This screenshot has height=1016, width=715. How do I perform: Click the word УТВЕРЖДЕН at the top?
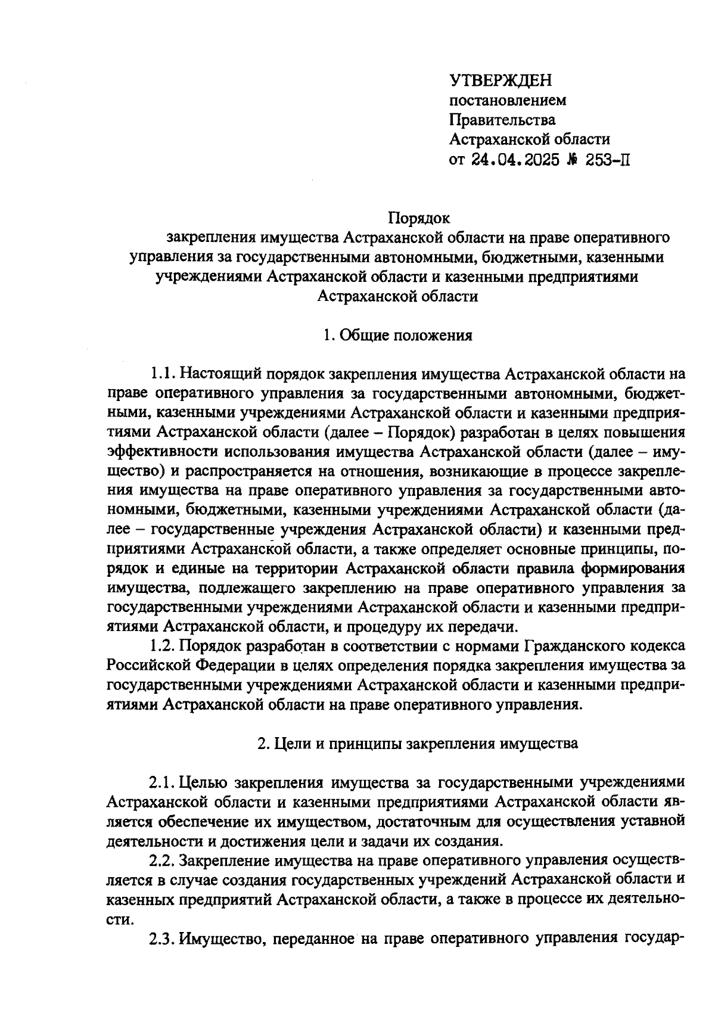(500, 80)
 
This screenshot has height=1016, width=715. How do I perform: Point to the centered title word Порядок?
(419, 218)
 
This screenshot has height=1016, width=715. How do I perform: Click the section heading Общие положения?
(405, 335)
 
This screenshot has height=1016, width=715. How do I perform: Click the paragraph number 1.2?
(161, 645)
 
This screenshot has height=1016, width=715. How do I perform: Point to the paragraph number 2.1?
(161, 782)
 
